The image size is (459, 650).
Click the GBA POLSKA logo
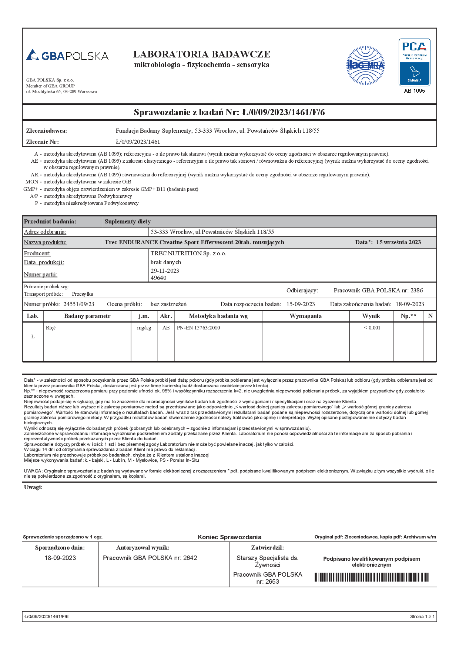[x=67, y=55]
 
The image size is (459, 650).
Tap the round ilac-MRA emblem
[x=365, y=66]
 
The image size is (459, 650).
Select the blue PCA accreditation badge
[x=414, y=62]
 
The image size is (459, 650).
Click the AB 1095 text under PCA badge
[x=414, y=91]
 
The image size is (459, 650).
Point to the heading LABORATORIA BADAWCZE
[x=202, y=54]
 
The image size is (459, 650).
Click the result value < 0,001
[x=372, y=328]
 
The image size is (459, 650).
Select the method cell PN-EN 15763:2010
[x=198, y=328]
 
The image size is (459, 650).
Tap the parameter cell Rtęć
[x=51, y=328]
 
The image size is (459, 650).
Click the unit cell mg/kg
[x=144, y=328]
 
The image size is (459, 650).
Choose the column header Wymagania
[x=305, y=316]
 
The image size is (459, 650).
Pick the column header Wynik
[x=371, y=316]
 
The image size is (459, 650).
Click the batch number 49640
[x=158, y=278]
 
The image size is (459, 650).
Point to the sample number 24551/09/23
[x=79, y=304]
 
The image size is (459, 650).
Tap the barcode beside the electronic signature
[x=372, y=577]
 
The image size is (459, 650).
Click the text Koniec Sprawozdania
[x=229, y=537]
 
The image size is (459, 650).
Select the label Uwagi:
[x=33, y=487]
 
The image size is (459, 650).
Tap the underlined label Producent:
[x=37, y=253]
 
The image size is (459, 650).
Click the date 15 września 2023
[x=398, y=242]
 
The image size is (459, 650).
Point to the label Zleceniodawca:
[x=47, y=131]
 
